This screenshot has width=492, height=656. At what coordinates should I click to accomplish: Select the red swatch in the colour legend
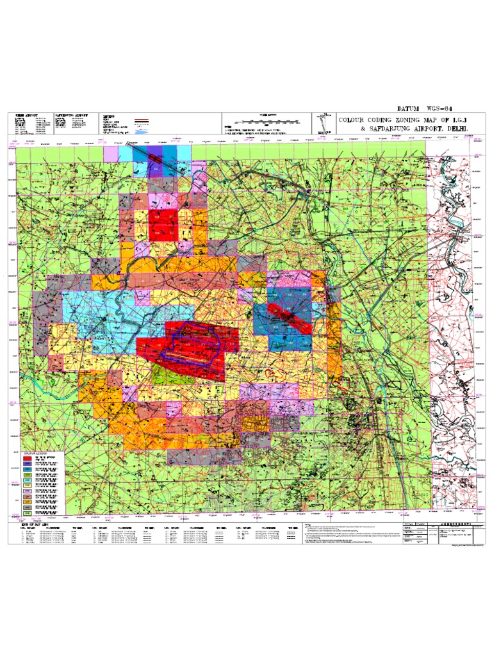[x=28, y=459]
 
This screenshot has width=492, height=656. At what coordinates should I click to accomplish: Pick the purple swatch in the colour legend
[x=28, y=467]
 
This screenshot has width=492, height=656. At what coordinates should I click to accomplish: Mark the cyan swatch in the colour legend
[x=28, y=478]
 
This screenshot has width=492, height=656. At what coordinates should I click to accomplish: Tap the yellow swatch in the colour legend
[x=28, y=485]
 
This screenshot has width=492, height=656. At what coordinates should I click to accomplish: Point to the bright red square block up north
[x=163, y=224]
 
